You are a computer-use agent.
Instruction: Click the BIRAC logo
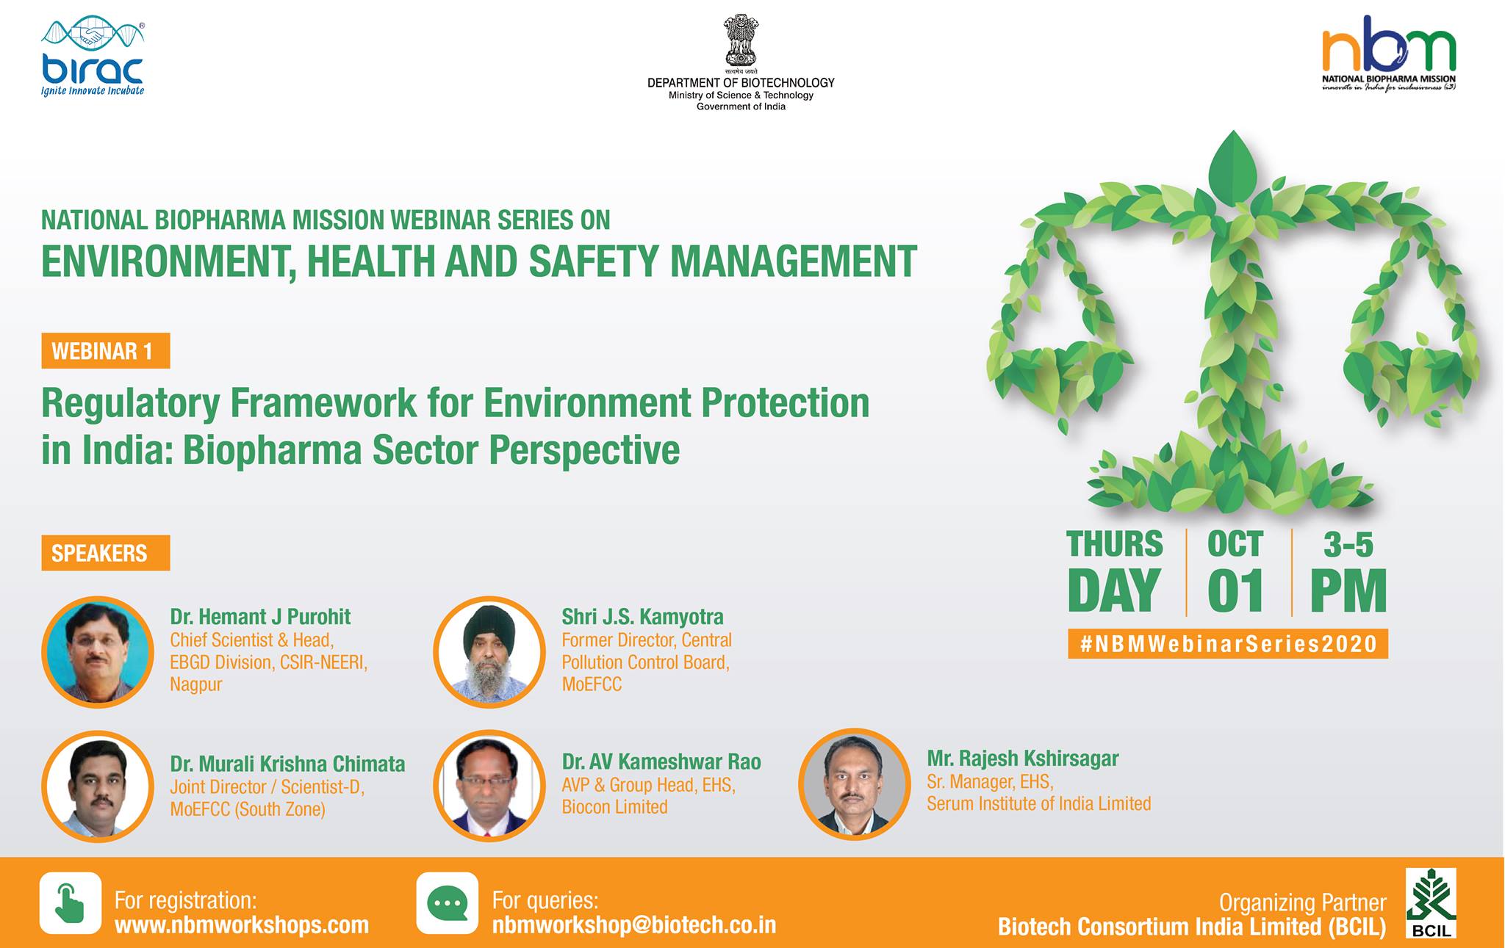click(x=93, y=59)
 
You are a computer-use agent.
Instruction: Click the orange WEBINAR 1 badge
click(x=106, y=351)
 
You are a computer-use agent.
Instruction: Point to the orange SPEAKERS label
click(x=106, y=553)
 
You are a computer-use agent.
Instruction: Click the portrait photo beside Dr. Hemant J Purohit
click(x=98, y=652)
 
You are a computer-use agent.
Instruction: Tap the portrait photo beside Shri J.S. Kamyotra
click(x=489, y=652)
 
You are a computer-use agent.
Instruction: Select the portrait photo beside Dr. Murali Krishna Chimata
click(x=98, y=786)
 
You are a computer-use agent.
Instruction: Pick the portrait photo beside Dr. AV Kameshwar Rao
click(x=489, y=786)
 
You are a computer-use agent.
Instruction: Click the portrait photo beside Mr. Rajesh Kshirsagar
click(x=855, y=784)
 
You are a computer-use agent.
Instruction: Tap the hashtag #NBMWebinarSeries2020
click(x=1229, y=644)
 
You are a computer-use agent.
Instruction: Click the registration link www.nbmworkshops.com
click(x=242, y=925)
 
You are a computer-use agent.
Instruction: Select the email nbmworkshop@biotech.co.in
click(x=633, y=925)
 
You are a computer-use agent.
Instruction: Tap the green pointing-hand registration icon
click(x=71, y=902)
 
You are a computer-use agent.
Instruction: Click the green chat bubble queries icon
click(x=448, y=902)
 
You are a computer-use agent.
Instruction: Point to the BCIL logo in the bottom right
click(x=1431, y=903)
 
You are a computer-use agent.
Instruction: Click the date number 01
click(x=1236, y=590)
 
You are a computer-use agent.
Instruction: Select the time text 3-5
click(x=1348, y=545)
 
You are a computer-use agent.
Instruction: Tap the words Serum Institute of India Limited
click(x=1038, y=803)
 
